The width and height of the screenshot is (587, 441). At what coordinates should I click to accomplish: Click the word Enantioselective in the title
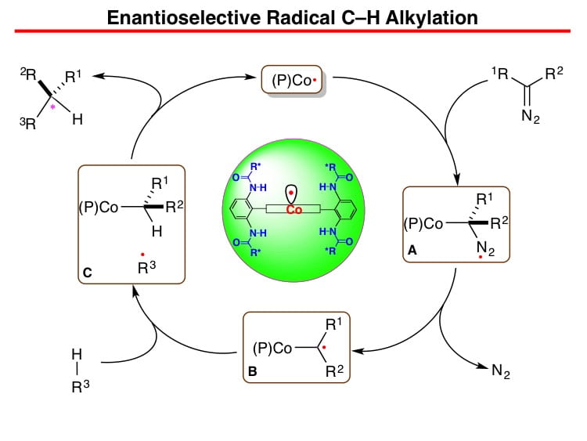click(183, 17)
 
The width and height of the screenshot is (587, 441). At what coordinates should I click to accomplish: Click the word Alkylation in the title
click(431, 17)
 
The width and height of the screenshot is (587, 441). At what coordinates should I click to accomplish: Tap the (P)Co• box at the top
click(292, 79)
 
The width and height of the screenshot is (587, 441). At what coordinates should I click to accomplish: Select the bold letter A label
click(412, 250)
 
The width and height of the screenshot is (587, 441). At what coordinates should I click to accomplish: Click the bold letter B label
click(252, 371)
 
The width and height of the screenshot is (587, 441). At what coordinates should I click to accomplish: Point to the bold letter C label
click(87, 273)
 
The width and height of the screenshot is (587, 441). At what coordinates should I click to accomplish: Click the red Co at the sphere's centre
click(293, 209)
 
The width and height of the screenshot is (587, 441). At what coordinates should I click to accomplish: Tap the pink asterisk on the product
click(52, 107)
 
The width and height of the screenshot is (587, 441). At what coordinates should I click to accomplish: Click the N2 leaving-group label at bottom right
click(501, 371)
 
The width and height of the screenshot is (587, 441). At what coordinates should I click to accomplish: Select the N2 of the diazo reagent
click(531, 116)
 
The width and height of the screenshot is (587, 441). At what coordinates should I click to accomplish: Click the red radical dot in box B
click(324, 347)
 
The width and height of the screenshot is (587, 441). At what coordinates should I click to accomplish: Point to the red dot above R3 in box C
click(142, 255)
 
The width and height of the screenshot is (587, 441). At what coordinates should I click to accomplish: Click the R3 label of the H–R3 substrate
click(81, 386)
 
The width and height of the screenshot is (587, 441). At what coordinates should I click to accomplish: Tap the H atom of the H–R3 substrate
click(77, 354)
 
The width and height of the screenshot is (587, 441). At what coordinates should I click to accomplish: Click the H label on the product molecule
click(77, 120)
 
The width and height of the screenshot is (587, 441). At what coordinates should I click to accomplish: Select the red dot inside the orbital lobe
click(291, 193)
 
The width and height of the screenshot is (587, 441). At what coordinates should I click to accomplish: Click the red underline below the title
click(293, 31)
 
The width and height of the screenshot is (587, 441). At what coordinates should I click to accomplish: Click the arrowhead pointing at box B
click(357, 351)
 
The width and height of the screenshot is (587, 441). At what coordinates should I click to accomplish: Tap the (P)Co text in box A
click(423, 224)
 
